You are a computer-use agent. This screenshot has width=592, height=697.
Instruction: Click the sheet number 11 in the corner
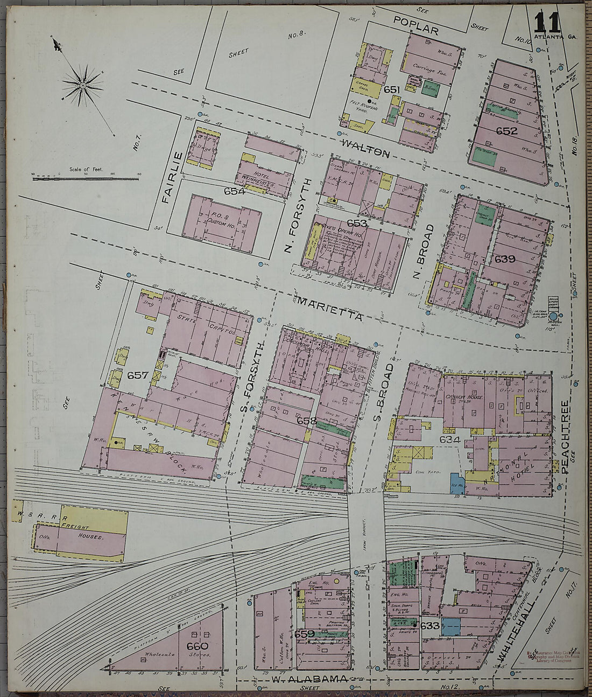point(547,22)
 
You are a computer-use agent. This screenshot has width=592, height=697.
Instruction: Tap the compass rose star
point(83,85)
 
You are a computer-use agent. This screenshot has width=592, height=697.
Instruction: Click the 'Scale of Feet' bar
point(86,177)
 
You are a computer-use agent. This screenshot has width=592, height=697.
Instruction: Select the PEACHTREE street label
point(565,437)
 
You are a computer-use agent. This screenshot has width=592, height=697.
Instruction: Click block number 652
point(506,131)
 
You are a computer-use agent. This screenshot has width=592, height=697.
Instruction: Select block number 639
point(504,259)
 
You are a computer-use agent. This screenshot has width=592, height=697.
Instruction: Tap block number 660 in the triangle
point(197,646)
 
